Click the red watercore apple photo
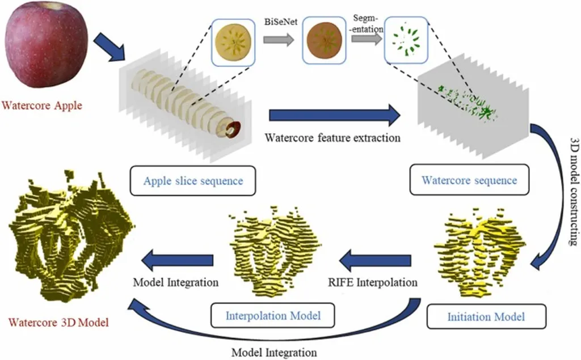(47, 48)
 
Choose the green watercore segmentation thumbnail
(406, 40)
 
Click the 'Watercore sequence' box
(469, 180)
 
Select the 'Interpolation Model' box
(272, 315)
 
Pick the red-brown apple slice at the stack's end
(234, 129)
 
